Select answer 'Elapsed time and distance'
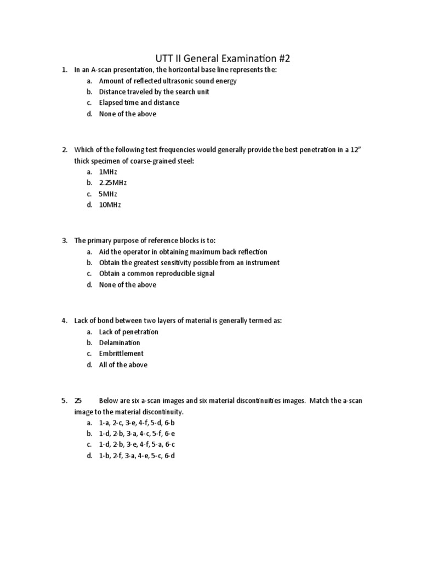pyautogui.click(x=139, y=103)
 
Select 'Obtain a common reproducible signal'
pyautogui.click(x=156, y=273)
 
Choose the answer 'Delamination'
pyautogui.click(x=120, y=342)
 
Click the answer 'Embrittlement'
pyautogui.click(x=121, y=353)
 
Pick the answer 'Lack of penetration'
pyautogui.click(x=128, y=331)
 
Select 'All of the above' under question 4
pyautogui.click(x=123, y=364)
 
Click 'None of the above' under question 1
pyautogui.click(x=127, y=114)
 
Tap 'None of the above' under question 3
pyautogui.click(x=127, y=284)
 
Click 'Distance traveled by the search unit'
pyautogui.click(x=153, y=92)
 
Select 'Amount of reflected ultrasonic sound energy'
pyautogui.click(x=168, y=81)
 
